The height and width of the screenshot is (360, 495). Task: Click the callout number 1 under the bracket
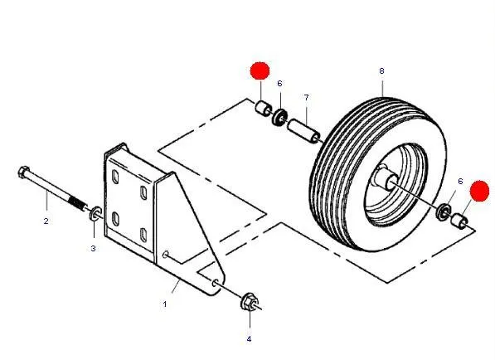click(x=164, y=304)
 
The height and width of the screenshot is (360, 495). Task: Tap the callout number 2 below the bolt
click(x=46, y=221)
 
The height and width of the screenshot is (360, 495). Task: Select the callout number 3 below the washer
click(x=93, y=249)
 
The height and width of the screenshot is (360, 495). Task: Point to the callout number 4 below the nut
click(x=249, y=339)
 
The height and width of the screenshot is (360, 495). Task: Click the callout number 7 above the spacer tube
click(x=306, y=98)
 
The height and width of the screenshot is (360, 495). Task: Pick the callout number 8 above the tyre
click(x=381, y=71)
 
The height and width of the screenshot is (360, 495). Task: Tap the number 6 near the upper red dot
click(x=279, y=84)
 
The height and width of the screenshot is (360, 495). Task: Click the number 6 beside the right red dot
click(x=460, y=182)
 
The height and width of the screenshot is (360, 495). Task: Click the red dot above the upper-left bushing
click(x=260, y=71)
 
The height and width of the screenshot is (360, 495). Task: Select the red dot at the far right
click(x=479, y=191)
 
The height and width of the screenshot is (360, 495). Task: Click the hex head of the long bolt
click(x=24, y=172)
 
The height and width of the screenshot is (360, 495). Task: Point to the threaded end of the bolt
click(x=78, y=203)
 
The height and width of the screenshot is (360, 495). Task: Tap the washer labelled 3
click(x=95, y=213)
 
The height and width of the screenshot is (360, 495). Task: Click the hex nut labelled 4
click(x=250, y=302)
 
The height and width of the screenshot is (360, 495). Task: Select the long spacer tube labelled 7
click(x=303, y=131)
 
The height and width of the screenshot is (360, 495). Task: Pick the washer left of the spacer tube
click(x=279, y=117)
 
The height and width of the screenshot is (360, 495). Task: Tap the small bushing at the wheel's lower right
click(x=459, y=221)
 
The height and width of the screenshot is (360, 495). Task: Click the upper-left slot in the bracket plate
click(x=115, y=178)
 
